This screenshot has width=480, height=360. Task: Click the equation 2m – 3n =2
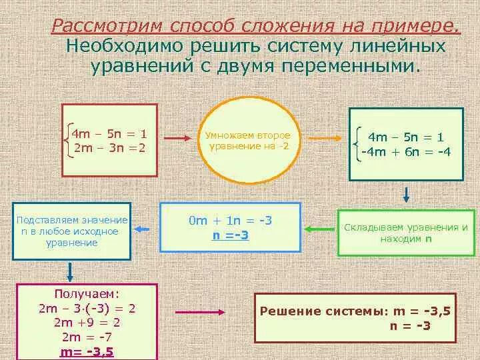click(x=109, y=148)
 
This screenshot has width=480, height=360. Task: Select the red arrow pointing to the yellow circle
click(x=177, y=139)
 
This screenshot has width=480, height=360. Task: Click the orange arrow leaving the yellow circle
click(x=322, y=139)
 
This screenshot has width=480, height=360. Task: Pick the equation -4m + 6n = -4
click(x=406, y=151)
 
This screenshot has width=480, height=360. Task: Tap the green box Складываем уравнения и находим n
click(x=405, y=233)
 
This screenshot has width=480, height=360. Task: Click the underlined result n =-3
click(x=231, y=235)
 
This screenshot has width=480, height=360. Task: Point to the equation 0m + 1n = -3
click(x=231, y=221)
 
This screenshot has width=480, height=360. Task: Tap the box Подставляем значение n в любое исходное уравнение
click(x=73, y=231)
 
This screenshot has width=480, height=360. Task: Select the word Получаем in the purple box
click(x=87, y=294)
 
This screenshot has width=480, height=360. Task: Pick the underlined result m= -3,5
click(x=87, y=351)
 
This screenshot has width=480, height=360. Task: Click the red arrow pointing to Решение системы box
click(x=193, y=311)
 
